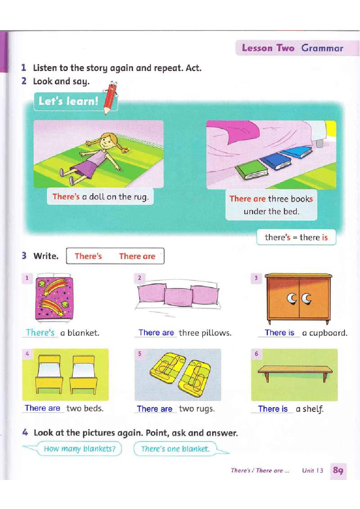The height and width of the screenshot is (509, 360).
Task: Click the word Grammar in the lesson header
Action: tap(322, 48)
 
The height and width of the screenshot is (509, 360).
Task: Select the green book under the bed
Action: tap(251, 170)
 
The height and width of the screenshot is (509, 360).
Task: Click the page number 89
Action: tap(338, 470)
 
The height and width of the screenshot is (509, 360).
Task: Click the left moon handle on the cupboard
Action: tap(291, 298)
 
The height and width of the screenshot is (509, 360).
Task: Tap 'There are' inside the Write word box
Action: tap(137, 256)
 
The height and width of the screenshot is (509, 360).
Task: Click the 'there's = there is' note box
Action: tap(296, 237)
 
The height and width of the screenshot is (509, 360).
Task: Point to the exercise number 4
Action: tap(25, 432)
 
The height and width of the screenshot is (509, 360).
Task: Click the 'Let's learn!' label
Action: tap(68, 101)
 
